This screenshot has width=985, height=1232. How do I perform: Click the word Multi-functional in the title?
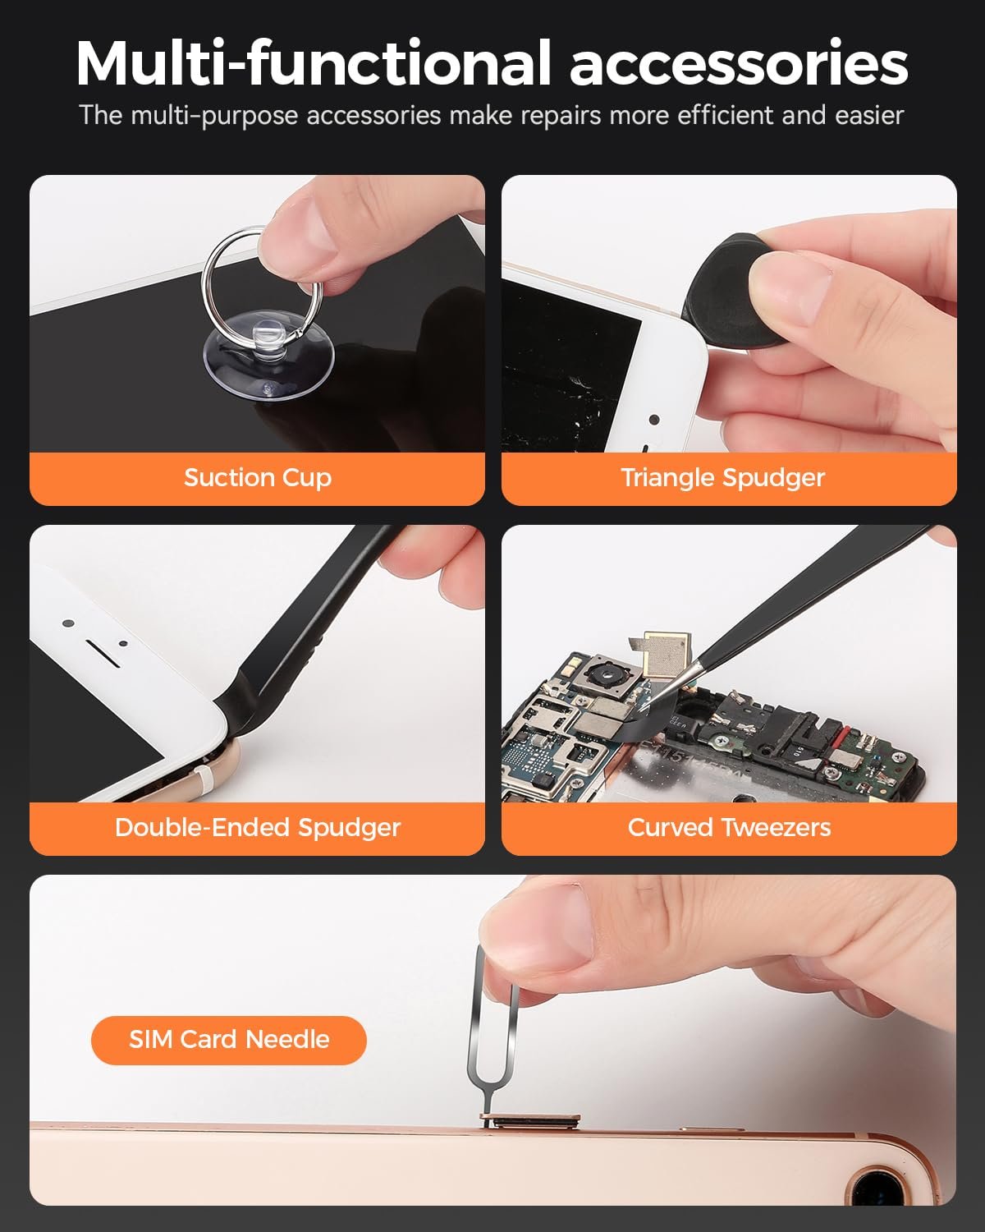click(x=313, y=64)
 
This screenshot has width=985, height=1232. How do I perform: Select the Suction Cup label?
click(x=257, y=477)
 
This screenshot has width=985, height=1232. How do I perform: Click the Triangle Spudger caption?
click(x=722, y=477)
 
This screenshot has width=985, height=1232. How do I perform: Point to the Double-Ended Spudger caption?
click(x=257, y=827)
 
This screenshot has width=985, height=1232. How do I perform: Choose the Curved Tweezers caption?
click(x=729, y=827)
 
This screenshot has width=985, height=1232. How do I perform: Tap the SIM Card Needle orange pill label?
click(x=228, y=1040)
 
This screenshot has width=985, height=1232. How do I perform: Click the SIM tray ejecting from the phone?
click(x=529, y=1120)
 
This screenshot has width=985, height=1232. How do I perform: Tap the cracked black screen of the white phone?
click(x=566, y=370)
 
